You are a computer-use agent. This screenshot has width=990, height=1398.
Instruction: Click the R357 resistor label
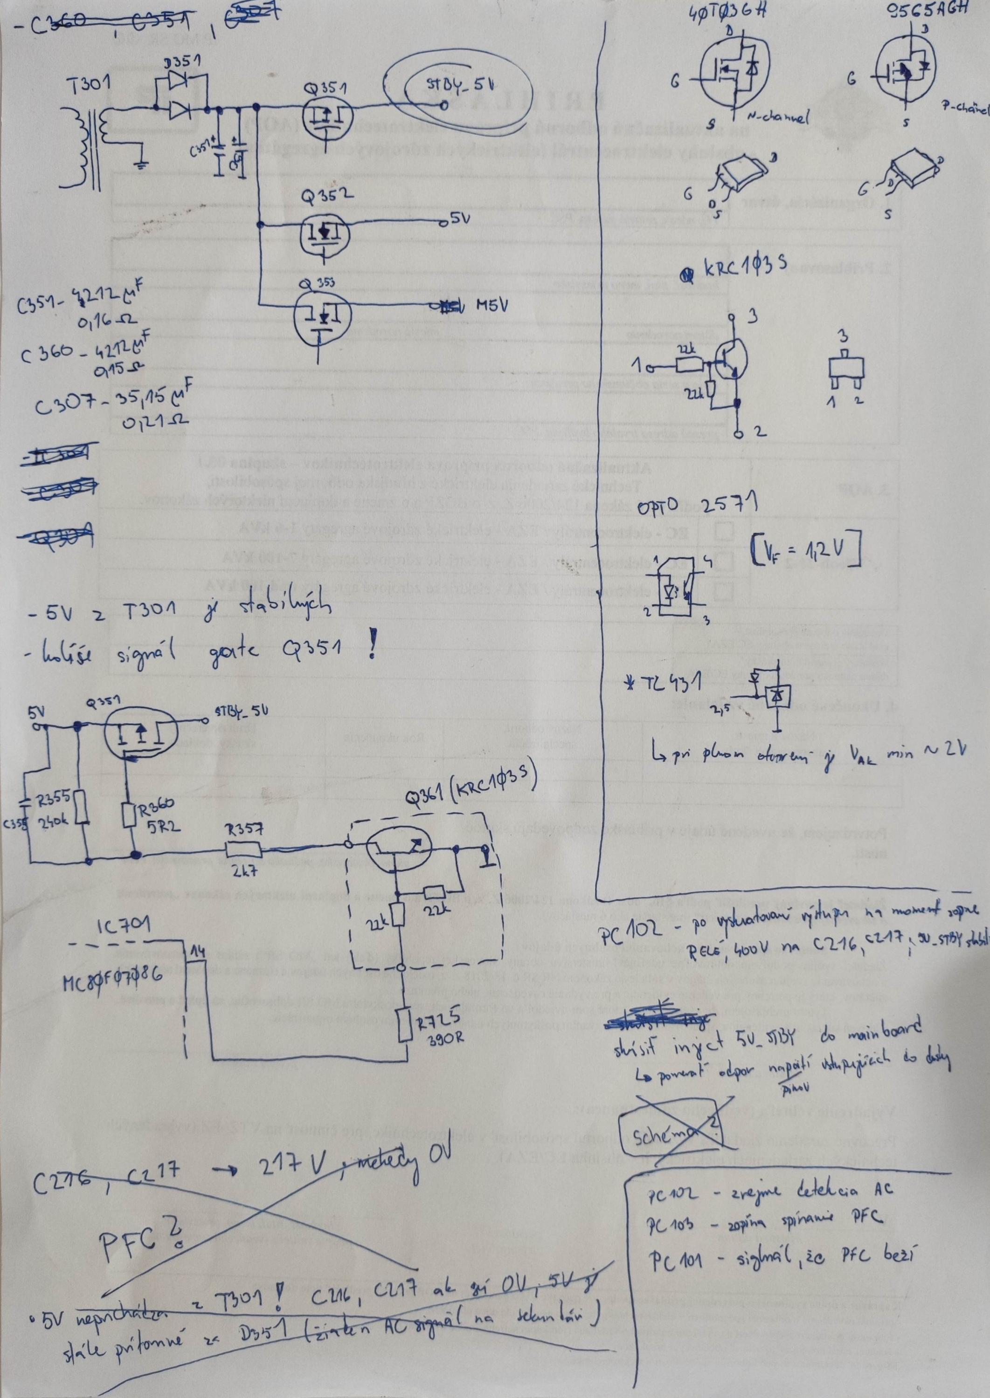244,829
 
